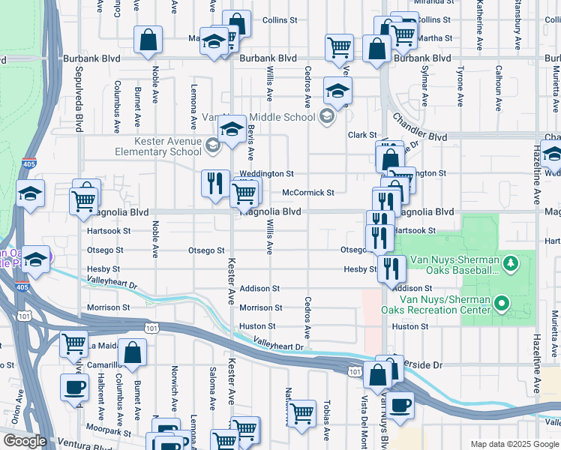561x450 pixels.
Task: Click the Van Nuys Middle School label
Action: [259, 117]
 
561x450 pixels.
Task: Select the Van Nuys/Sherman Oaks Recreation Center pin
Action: [503, 304]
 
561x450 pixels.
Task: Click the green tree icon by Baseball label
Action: [511, 262]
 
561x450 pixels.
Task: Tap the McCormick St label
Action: [307, 193]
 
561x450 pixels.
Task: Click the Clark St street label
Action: [361, 135]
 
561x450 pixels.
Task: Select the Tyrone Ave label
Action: [460, 87]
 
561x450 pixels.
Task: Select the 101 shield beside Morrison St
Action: [152, 328]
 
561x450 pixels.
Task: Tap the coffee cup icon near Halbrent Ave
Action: [74, 387]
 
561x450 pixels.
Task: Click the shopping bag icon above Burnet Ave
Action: [148, 40]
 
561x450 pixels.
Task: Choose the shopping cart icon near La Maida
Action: [74, 344]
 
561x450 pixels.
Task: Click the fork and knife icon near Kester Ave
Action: [215, 182]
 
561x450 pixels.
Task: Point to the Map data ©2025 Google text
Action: [514, 444]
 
